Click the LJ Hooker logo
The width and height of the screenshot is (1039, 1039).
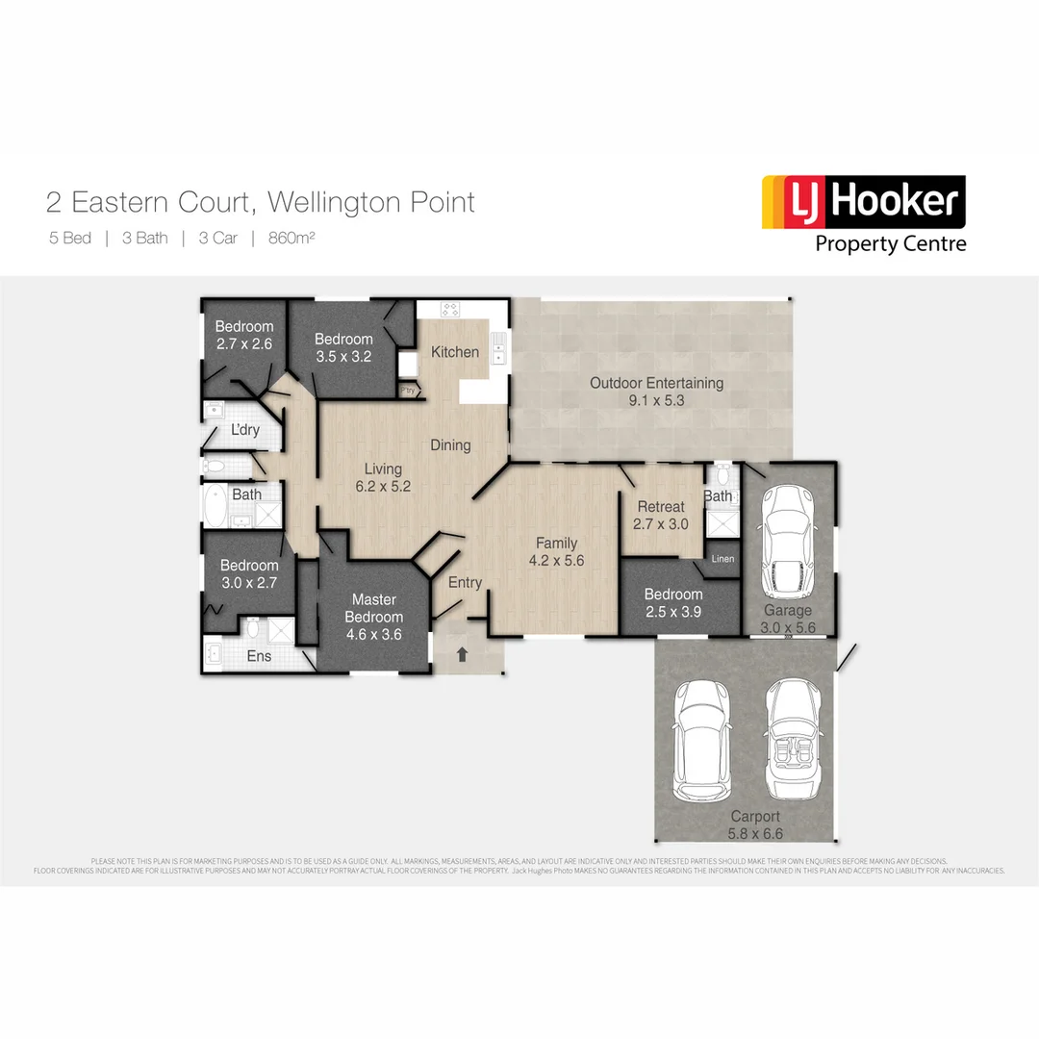pyautogui.click(x=863, y=214)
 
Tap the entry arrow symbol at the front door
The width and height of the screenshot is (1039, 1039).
pyautogui.click(x=462, y=654)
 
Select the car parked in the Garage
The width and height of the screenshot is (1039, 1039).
pyautogui.click(x=789, y=539)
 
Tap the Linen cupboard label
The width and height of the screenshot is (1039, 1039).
pyautogui.click(x=722, y=559)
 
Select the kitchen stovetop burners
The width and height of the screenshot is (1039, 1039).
pyautogui.click(x=450, y=309)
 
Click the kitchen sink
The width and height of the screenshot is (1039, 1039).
pyautogui.click(x=497, y=348)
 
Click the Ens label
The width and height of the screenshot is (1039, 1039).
pyautogui.click(x=260, y=656)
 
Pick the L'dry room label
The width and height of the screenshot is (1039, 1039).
pyautogui.click(x=244, y=430)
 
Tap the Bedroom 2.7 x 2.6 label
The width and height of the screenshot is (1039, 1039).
pyautogui.click(x=243, y=335)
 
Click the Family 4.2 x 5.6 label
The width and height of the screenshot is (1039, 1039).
pyautogui.click(x=556, y=552)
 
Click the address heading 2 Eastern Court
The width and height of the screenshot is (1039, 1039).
pyautogui.click(x=260, y=202)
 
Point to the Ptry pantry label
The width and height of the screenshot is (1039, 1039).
pyautogui.click(x=408, y=390)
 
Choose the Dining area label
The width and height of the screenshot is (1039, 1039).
pyautogui.click(x=450, y=444)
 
